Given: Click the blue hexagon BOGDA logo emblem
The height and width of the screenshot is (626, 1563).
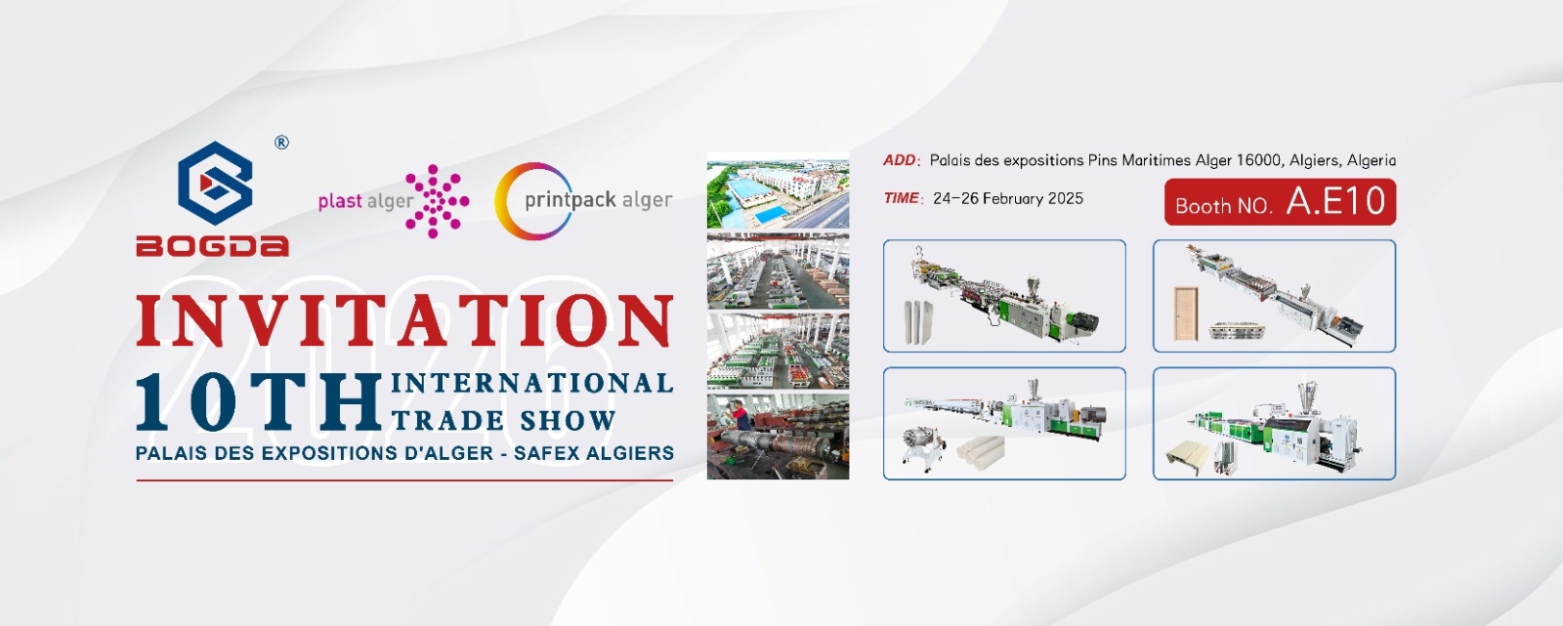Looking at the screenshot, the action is [215, 183].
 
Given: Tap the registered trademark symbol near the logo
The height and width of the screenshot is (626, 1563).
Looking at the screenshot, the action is [281, 143].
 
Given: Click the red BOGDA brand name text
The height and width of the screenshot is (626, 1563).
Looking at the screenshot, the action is [212, 246].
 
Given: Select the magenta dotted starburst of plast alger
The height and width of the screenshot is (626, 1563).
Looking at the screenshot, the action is [437, 201].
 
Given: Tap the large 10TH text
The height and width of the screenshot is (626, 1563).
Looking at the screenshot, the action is [258, 401].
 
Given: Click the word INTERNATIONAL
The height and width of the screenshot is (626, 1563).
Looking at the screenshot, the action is [532, 383].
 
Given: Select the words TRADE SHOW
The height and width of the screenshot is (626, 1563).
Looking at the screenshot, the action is [504, 420].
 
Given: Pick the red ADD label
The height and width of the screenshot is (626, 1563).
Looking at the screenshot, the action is [900, 160].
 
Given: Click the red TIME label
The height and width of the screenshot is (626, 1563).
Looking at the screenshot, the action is [901, 198].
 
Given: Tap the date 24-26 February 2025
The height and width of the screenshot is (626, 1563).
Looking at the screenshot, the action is [1007, 198].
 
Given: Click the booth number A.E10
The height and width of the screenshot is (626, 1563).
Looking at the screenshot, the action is [1335, 201].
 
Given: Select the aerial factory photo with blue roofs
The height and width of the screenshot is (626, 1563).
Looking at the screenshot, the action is [778, 190].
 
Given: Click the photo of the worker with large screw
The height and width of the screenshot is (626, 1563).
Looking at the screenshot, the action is [778, 437].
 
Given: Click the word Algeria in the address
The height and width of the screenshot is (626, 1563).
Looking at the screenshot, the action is [1372, 160].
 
